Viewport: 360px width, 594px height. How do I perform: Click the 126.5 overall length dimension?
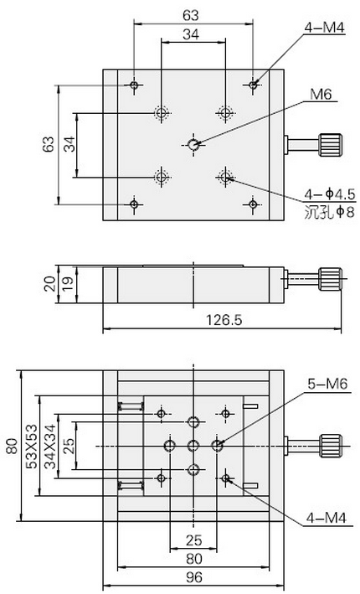(224, 321)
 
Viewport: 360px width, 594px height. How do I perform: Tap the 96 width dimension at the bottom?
(194, 577)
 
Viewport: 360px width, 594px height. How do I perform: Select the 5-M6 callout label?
(327, 384)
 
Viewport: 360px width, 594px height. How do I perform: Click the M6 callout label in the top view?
(321, 94)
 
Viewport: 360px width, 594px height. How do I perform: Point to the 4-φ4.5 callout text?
(330, 194)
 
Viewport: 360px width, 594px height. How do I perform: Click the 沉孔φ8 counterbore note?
(329, 212)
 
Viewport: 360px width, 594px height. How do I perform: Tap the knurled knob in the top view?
(331, 145)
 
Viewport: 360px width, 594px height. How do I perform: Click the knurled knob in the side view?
(331, 279)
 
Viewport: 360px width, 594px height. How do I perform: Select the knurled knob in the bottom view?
(331, 446)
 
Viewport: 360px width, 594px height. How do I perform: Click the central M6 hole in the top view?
(193, 144)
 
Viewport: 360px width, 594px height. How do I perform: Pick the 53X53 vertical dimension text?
(32, 446)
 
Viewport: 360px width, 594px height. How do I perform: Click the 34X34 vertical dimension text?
(50, 446)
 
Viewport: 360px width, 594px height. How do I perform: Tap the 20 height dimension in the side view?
(49, 284)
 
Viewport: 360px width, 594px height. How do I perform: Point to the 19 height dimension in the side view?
(68, 284)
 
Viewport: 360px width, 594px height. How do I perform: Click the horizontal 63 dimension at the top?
(190, 15)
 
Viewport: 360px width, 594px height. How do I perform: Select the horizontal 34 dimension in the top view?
(191, 34)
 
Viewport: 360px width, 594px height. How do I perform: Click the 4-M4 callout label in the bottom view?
(327, 518)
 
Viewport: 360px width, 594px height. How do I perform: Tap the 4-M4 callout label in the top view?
(324, 28)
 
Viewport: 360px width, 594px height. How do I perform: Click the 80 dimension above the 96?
(194, 559)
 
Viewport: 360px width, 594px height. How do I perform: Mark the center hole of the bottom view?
(193, 446)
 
